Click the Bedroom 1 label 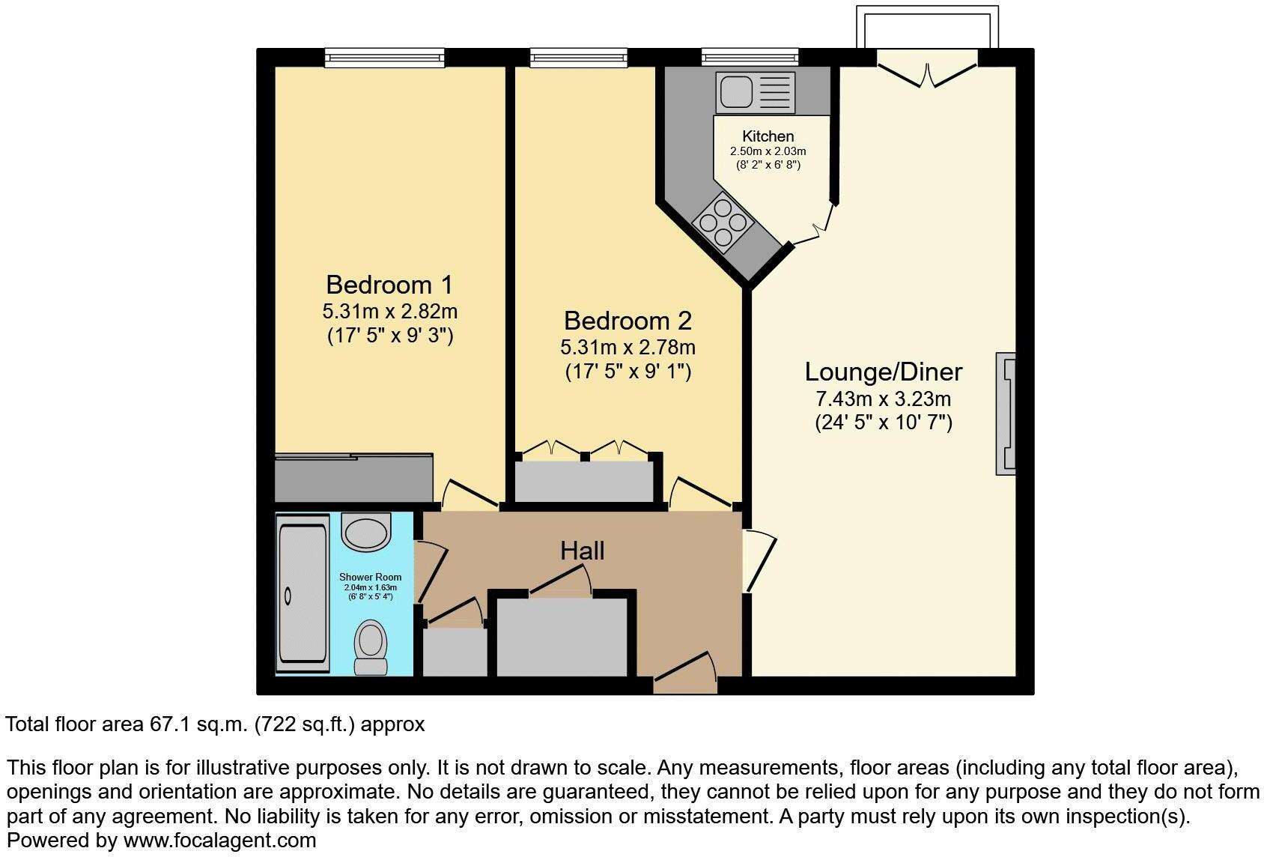[389, 285]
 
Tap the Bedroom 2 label [628, 321]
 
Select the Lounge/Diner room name [883, 372]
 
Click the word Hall [582, 551]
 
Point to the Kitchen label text [768, 136]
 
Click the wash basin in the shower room [366, 530]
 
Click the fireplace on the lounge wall [1005, 414]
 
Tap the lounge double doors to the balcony [927, 71]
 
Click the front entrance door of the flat [685, 674]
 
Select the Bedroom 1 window [384, 57]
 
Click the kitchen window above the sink [750, 57]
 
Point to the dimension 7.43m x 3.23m [883, 399]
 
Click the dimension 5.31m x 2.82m [389, 311]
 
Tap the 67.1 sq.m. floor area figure [199, 724]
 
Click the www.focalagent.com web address [219, 840]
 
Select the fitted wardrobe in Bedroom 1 [353, 478]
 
